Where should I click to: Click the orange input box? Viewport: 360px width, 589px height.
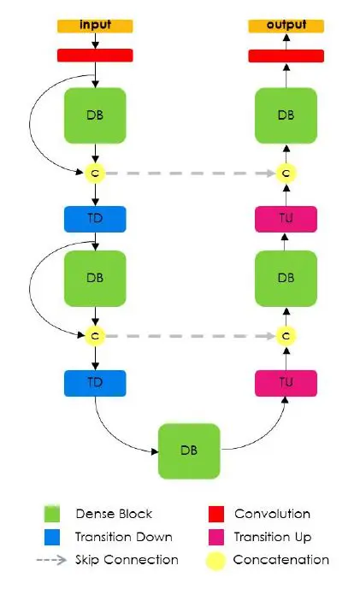tap(95, 26)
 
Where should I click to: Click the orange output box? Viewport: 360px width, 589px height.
tap(286, 26)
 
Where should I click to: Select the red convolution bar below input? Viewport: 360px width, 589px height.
tap(95, 56)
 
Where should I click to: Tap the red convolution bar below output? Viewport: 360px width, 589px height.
tap(286, 56)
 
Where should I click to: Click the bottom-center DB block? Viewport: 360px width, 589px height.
tap(189, 451)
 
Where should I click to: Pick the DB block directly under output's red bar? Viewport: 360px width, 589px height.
tap(286, 115)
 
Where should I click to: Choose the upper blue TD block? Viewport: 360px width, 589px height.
tap(95, 219)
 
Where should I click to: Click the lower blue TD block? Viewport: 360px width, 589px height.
tap(95, 383)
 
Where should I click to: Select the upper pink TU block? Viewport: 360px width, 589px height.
tap(286, 219)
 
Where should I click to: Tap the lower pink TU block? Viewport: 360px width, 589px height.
tap(286, 383)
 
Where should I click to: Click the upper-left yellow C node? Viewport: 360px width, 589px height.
tap(95, 174)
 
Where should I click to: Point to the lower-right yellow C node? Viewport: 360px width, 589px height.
tap(286, 336)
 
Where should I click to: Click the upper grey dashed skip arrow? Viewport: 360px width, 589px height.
tap(191, 174)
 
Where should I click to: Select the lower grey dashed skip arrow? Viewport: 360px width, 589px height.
tap(191, 336)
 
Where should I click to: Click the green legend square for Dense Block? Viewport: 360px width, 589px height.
tap(52, 514)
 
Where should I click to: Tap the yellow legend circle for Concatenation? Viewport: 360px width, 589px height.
tap(215, 561)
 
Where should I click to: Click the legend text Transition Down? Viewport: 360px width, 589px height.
tap(124, 537)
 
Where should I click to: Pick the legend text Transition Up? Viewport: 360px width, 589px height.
tap(273, 537)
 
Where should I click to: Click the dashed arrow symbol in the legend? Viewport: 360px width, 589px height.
tap(52, 560)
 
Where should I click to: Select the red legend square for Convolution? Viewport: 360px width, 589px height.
tap(216, 514)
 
